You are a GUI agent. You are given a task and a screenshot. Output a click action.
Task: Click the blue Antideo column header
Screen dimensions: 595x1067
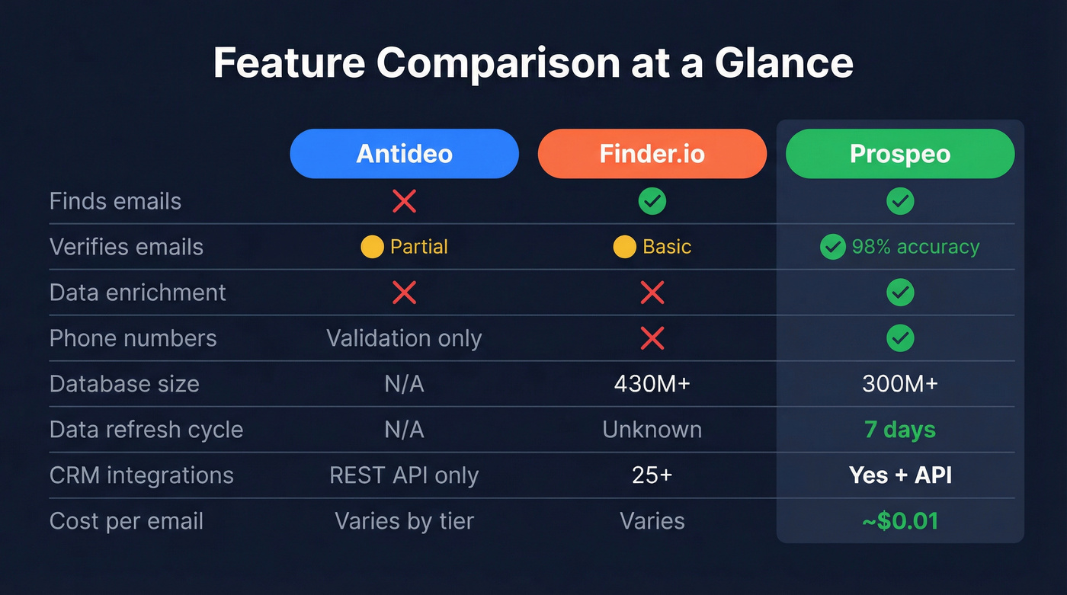[404, 154]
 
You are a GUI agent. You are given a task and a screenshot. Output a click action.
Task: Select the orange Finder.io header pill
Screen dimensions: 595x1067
[652, 154]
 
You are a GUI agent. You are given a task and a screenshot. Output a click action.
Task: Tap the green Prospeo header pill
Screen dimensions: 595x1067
[900, 154]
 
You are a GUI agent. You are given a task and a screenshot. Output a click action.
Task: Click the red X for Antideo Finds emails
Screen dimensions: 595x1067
[404, 201]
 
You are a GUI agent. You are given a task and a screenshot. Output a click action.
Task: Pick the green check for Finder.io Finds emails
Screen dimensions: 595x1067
[652, 201]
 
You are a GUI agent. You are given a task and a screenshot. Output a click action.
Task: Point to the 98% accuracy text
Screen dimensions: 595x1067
[915, 247]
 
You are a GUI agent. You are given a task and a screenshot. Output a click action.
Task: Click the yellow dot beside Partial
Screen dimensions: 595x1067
[372, 247]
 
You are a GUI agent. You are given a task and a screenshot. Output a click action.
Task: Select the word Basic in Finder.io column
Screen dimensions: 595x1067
[667, 247]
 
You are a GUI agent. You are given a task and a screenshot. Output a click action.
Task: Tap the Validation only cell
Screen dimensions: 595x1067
[404, 338]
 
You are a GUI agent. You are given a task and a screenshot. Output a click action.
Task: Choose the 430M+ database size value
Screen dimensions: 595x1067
[652, 384]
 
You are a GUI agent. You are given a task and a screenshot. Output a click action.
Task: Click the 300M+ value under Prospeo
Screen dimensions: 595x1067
[900, 384]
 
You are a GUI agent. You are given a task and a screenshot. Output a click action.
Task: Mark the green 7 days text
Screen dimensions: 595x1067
[900, 430]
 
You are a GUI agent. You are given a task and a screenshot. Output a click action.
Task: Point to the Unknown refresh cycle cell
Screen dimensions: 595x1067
[652, 430]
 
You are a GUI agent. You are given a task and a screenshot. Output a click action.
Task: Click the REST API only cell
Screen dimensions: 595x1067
[404, 475]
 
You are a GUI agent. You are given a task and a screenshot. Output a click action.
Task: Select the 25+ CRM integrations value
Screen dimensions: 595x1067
[652, 475]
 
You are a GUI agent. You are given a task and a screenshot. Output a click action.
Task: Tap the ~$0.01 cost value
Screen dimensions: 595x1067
[900, 521]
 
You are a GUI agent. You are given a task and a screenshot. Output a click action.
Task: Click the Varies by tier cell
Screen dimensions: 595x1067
[404, 521]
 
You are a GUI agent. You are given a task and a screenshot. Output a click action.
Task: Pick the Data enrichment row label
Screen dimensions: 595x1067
[137, 293]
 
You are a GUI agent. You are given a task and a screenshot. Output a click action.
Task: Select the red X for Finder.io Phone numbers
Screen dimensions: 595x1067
[652, 338]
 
